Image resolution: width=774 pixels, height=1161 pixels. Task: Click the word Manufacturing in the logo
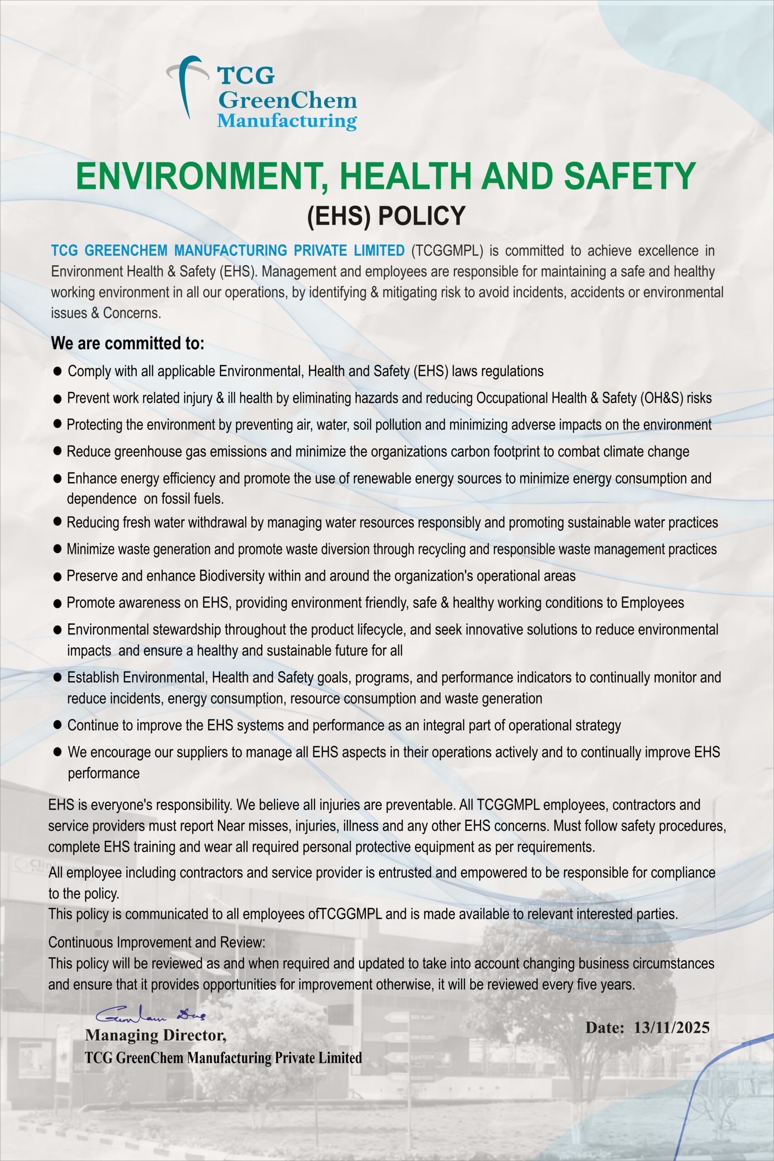287,121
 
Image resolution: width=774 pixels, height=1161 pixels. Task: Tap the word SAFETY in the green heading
630,176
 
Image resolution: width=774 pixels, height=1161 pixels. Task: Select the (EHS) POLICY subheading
386,216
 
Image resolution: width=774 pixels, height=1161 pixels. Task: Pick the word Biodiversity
232,576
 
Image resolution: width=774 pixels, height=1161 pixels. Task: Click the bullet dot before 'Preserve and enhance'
57,576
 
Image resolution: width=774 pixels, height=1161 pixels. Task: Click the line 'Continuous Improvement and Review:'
157,942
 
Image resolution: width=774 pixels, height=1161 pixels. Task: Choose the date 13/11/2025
672,1027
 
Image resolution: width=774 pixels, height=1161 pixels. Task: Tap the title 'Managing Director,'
156,1035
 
